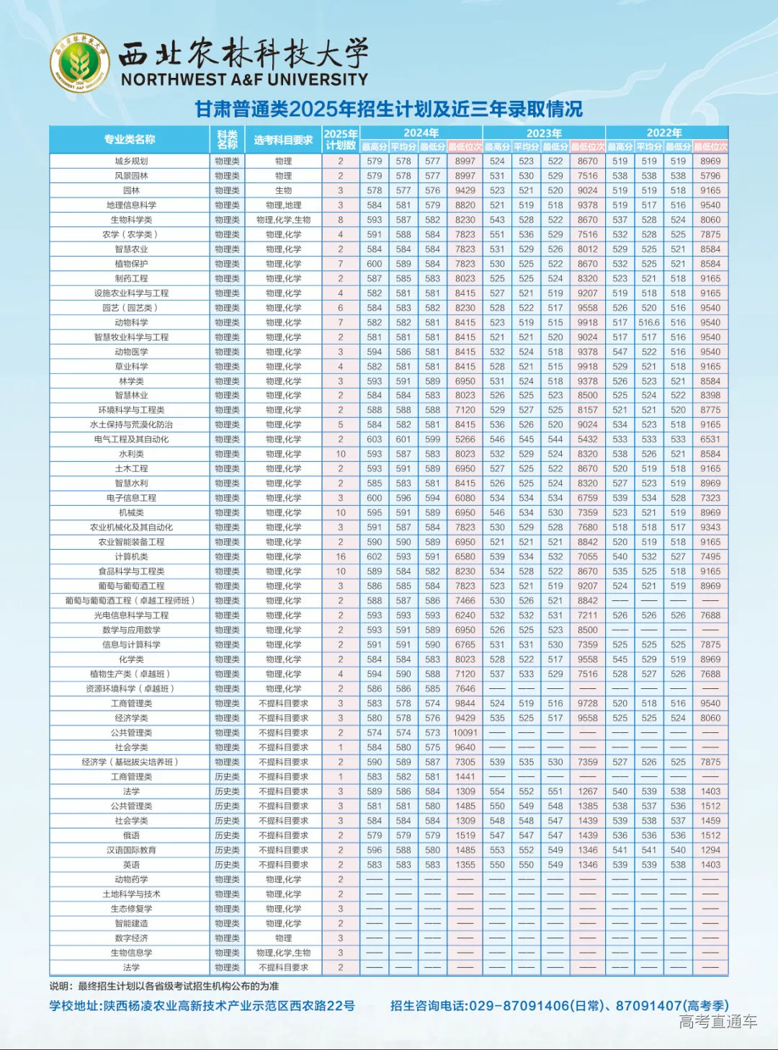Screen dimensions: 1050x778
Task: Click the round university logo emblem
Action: (80, 63)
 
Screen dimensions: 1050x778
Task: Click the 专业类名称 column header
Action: (130, 139)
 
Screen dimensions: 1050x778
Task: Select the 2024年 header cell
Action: (421, 133)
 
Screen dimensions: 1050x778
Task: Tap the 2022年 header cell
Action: (664, 133)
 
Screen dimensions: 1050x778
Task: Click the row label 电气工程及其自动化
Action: (131, 439)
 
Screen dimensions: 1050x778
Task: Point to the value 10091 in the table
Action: (465, 732)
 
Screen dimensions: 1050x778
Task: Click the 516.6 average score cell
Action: (649, 322)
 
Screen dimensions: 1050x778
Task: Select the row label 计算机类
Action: (131, 556)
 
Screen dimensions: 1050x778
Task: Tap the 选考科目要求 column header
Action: (283, 139)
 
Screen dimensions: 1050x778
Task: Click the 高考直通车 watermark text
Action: (717, 1020)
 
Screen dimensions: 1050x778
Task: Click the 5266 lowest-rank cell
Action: (465, 439)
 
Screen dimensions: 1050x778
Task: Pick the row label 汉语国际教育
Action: (131, 850)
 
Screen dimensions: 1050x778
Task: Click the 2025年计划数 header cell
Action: (341, 139)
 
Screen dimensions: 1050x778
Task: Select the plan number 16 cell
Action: (341, 556)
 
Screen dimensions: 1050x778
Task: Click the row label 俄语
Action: (131, 835)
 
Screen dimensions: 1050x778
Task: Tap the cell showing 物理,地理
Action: (283, 205)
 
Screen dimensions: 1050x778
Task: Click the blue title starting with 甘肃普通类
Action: (388, 109)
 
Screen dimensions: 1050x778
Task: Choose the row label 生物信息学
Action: (131, 953)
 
